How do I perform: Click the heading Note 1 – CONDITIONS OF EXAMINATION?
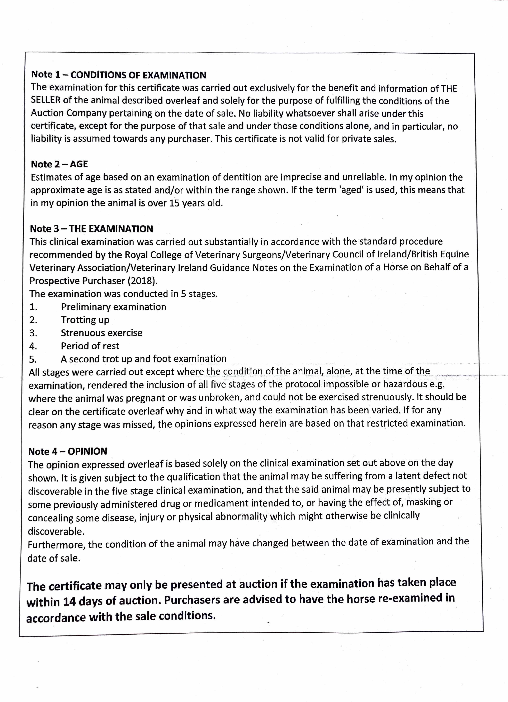coord(118,75)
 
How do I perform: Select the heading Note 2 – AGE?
coord(59,164)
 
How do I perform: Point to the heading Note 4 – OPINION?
coord(67,451)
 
